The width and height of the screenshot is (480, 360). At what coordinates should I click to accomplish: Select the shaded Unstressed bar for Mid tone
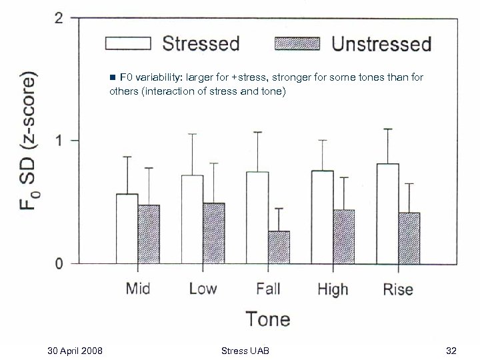[149, 234]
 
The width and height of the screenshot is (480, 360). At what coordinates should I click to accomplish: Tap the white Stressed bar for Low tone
[193, 219]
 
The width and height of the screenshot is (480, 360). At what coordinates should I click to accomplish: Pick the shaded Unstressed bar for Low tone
[214, 233]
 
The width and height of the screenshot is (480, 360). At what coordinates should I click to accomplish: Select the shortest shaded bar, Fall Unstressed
[279, 247]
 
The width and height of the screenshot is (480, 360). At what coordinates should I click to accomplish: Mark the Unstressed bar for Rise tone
[409, 238]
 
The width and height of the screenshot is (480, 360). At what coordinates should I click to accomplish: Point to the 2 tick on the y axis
[59, 18]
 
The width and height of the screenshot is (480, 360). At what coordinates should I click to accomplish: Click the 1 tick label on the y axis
[59, 141]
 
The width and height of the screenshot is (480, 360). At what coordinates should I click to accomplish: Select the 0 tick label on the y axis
[59, 264]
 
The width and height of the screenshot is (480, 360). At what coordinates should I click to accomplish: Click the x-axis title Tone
[267, 319]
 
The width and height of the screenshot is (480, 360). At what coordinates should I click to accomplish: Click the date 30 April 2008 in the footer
[75, 350]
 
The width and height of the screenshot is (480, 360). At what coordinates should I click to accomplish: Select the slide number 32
[451, 350]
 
